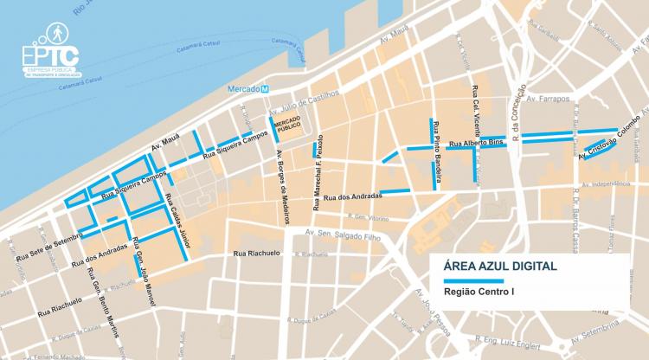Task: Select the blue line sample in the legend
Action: [472, 281]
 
